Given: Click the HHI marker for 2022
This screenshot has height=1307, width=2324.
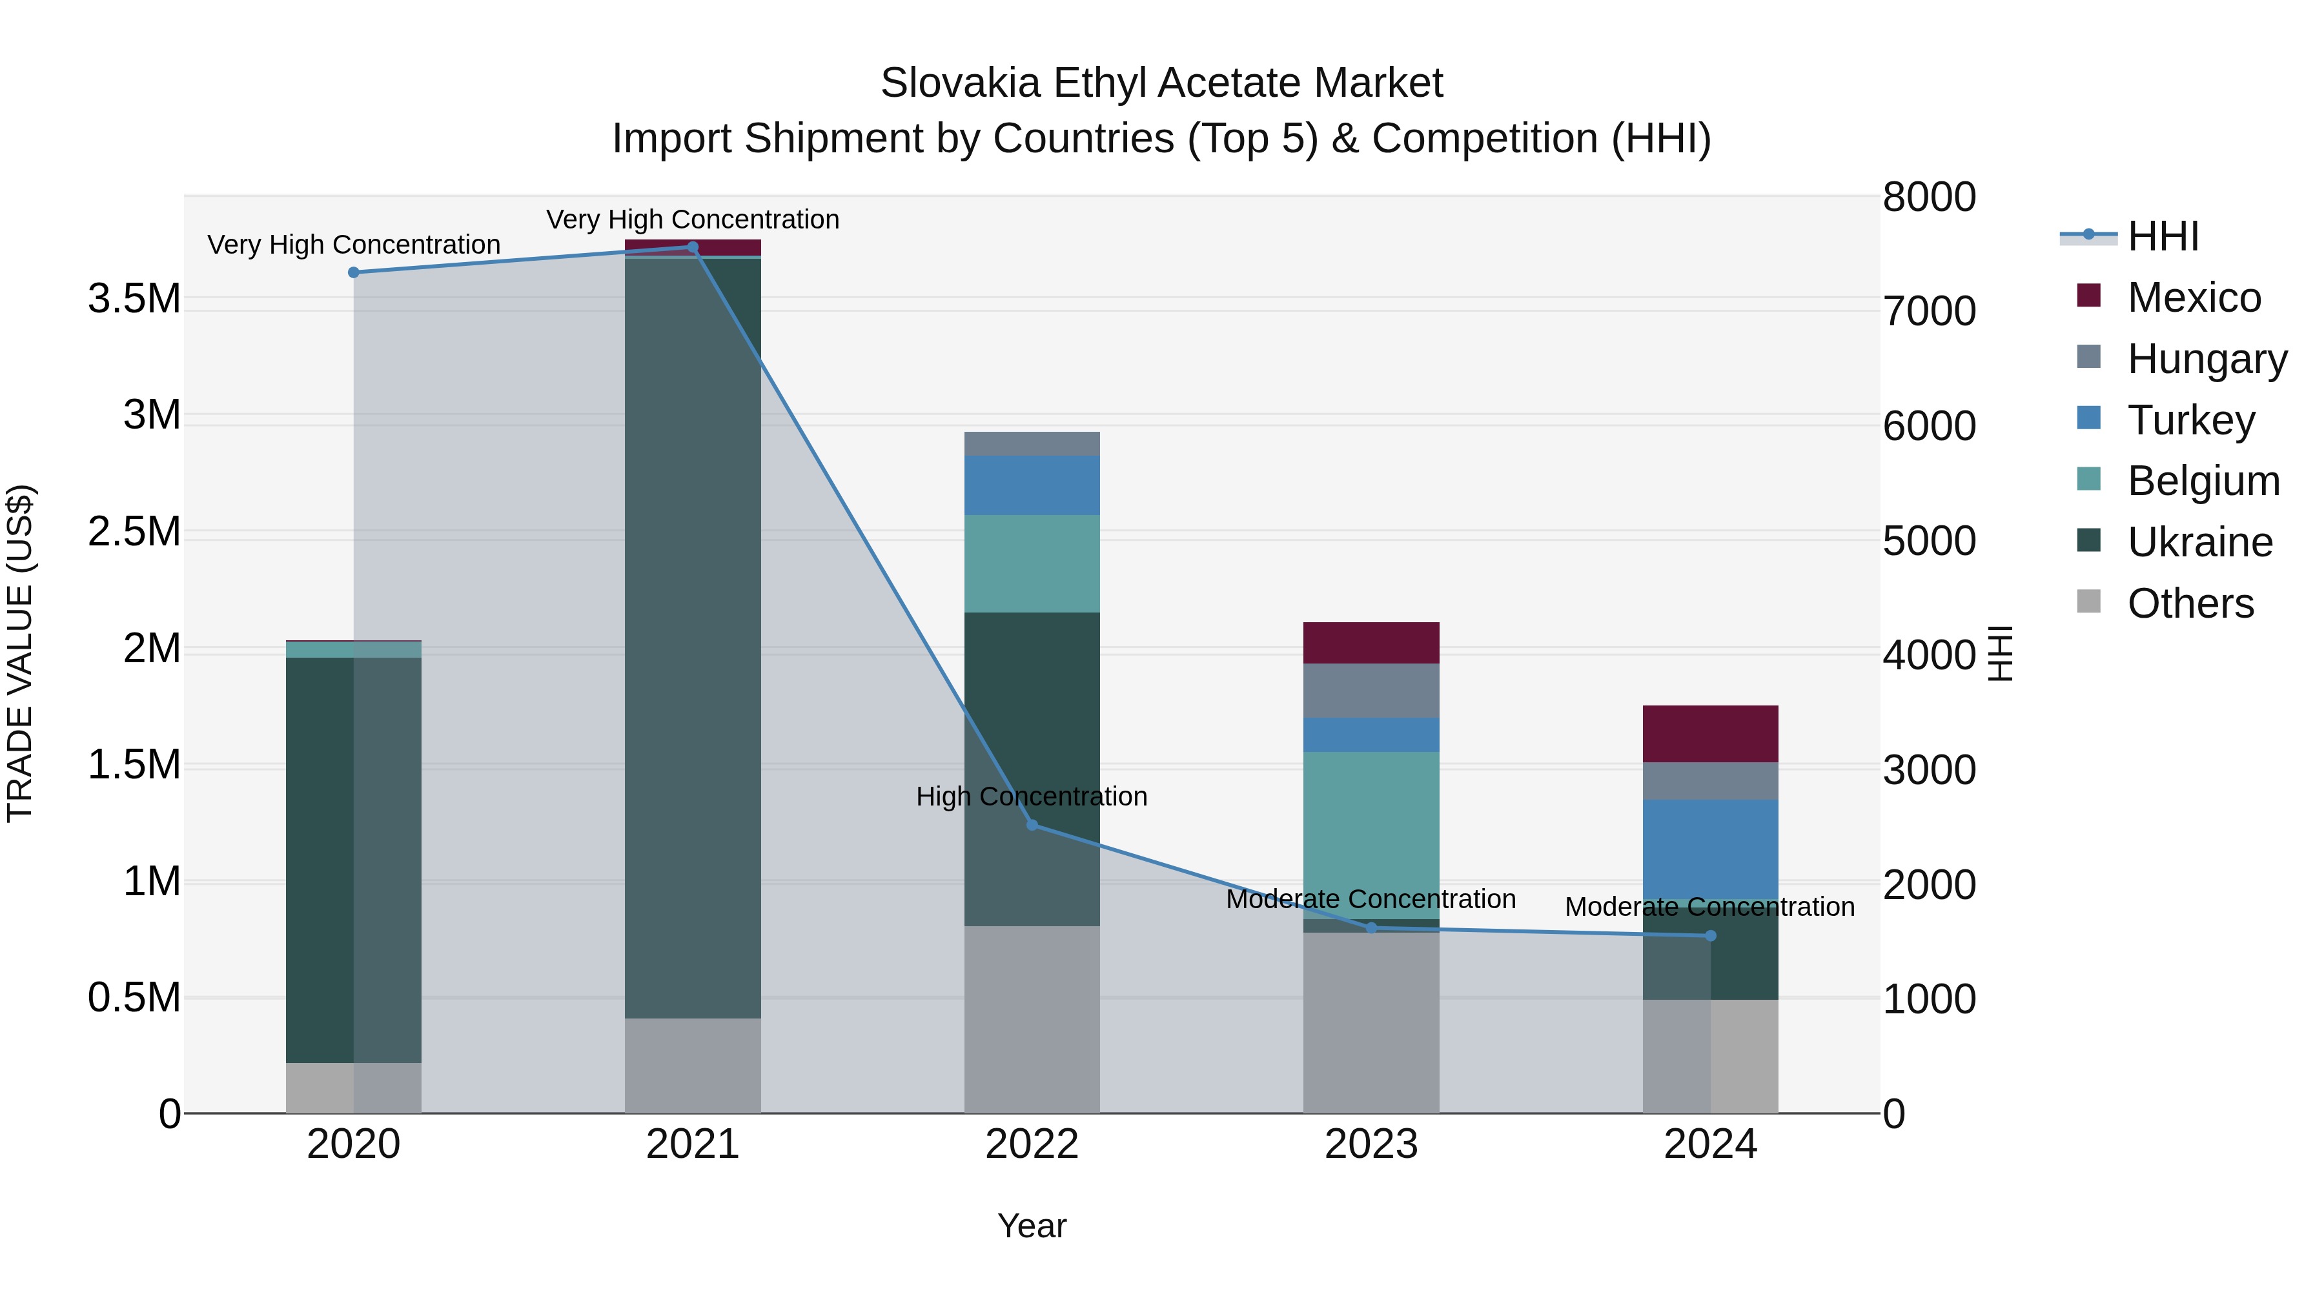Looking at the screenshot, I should (x=1032, y=824).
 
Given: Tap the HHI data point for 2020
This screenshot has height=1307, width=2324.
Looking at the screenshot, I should (x=354, y=272).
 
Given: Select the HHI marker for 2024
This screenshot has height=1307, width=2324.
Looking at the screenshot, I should (x=1711, y=935).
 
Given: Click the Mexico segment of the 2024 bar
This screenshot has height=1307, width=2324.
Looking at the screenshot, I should (x=1711, y=733).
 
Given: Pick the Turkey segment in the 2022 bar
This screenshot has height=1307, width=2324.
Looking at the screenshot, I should (x=1032, y=485).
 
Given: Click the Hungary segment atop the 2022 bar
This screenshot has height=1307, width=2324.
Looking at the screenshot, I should (x=1032, y=444).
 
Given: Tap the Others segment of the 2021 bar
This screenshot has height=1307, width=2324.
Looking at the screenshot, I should (x=693, y=1065).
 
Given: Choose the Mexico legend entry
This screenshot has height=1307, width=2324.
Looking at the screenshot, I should (x=2193, y=298).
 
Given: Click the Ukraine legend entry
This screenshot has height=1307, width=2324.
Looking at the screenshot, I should (x=2199, y=542).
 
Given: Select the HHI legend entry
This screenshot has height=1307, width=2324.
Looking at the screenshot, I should (x=2163, y=236).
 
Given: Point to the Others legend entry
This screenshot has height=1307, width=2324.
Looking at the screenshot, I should (x=2190, y=603).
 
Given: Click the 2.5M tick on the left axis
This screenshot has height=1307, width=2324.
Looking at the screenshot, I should (x=134, y=531).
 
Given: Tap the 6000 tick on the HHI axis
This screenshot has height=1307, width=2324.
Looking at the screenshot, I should (x=1929, y=426).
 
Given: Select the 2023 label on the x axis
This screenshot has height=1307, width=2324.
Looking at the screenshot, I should (x=1371, y=1144).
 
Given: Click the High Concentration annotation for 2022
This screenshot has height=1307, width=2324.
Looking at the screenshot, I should (x=1032, y=796).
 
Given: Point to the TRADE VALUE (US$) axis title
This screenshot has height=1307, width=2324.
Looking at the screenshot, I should (x=20, y=653).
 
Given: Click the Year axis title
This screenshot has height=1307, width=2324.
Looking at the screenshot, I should (x=1032, y=1226).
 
